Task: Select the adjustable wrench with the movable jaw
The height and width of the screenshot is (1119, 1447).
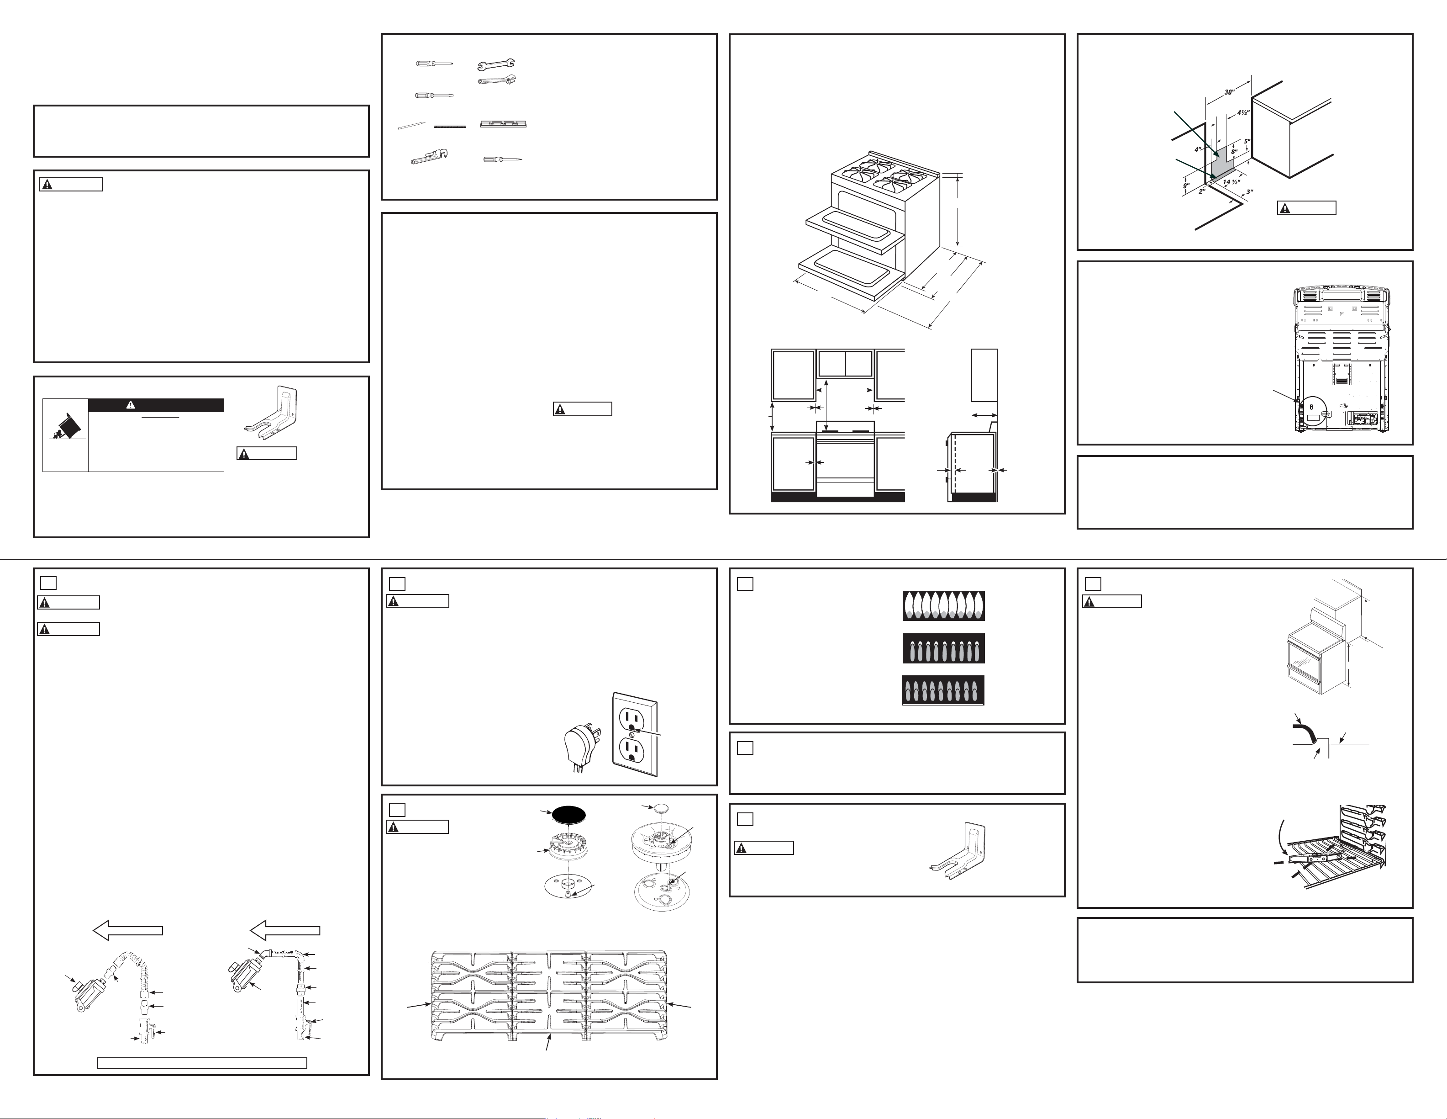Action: click(497, 80)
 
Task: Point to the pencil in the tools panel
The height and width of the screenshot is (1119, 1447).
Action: click(411, 125)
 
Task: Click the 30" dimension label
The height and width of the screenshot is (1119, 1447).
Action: click(1229, 92)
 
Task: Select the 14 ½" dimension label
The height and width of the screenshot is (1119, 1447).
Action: click(1231, 182)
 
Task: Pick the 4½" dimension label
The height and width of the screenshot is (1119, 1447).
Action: click(1243, 113)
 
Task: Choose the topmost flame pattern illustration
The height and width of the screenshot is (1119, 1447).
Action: click(943, 606)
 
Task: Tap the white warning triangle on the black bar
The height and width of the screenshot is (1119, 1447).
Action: click(131, 405)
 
